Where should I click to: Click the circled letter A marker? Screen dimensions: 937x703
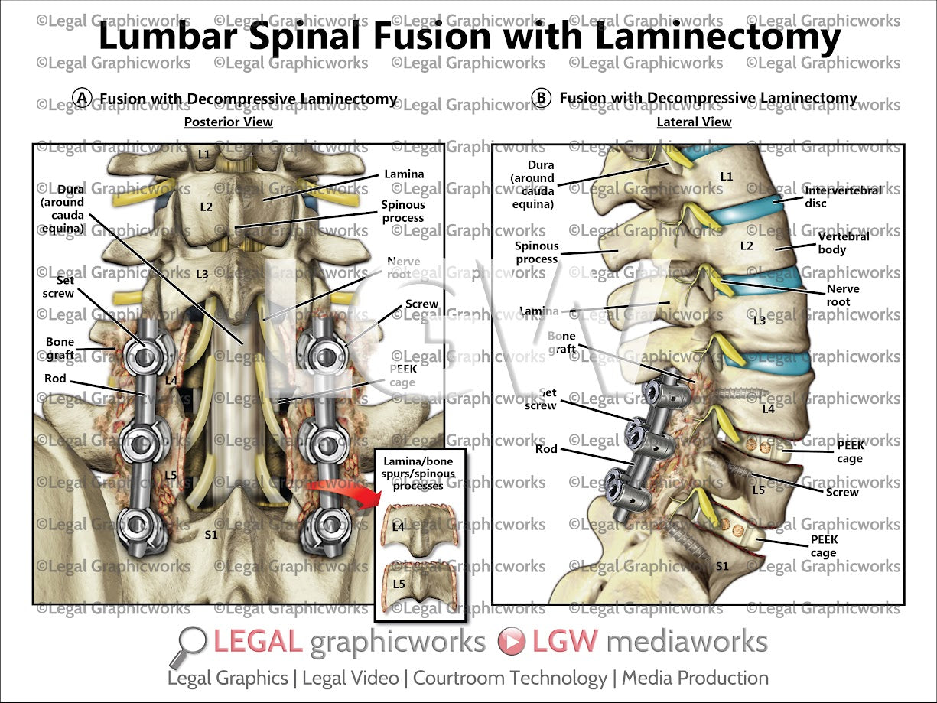click(83, 97)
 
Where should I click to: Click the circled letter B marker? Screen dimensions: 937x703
click(542, 97)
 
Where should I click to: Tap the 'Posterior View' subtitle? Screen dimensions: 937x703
click(228, 122)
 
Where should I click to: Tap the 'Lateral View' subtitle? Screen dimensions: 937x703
click(694, 122)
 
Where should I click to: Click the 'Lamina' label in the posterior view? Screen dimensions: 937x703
click(405, 174)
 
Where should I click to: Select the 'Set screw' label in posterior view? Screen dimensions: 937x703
click(59, 286)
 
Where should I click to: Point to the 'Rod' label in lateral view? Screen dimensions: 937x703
click(546, 448)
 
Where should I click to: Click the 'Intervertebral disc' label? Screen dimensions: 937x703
click(842, 197)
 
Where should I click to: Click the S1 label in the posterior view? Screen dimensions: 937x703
click(211, 534)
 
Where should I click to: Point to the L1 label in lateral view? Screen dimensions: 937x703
click(726, 177)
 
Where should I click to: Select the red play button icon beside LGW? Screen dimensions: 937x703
click(511, 642)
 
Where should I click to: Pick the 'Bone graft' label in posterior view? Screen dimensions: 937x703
click(60, 348)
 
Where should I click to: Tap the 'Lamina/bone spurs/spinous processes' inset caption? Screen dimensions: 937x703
click(419, 474)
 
